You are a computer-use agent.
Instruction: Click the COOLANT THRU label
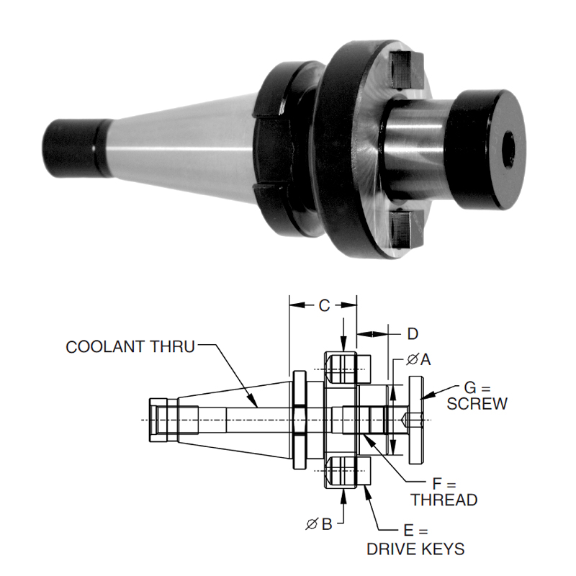pos(130,346)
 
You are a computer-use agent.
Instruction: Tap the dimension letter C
pos(324,306)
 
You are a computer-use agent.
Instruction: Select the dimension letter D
pos(412,333)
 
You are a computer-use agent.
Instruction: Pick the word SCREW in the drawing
pos(477,403)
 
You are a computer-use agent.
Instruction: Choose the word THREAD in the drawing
pos(444,499)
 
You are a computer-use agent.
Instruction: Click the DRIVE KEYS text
pos(415,549)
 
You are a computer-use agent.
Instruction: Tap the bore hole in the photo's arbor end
pos(508,146)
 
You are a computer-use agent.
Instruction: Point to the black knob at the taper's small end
pos(72,148)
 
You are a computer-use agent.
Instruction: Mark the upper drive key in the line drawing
pos(348,368)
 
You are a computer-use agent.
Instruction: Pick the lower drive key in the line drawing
pos(348,472)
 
